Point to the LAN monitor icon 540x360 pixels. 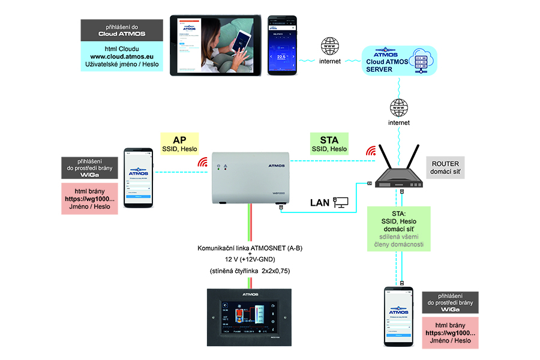[x=341, y=202]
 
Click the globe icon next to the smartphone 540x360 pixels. [x=330, y=46]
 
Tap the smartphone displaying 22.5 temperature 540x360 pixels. [x=281, y=46]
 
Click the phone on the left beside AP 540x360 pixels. [x=139, y=176]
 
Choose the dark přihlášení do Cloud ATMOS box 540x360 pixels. [x=122, y=30]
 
